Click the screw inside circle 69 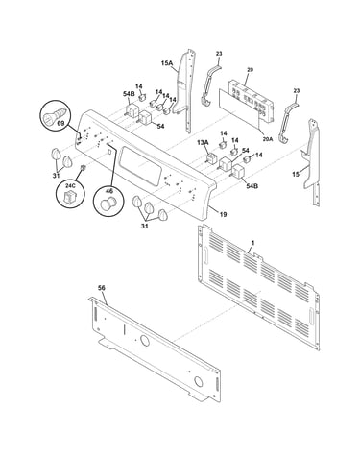(x=55, y=115)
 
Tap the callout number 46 (x=109, y=191)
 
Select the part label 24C (x=69, y=186)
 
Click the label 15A (x=166, y=63)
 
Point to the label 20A (x=268, y=139)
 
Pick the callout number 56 (x=101, y=288)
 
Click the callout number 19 (x=223, y=214)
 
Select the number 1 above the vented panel (x=252, y=243)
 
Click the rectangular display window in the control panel (x=140, y=166)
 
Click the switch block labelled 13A (x=211, y=159)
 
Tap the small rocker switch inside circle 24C (x=69, y=197)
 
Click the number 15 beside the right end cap (x=296, y=174)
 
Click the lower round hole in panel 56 (x=199, y=381)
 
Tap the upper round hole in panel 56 (x=145, y=341)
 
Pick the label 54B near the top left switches (x=129, y=94)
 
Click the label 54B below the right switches (x=252, y=186)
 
